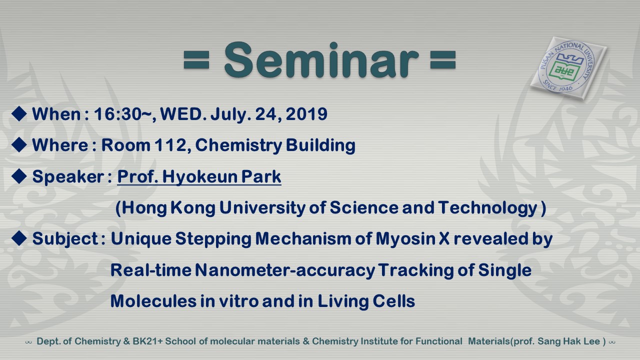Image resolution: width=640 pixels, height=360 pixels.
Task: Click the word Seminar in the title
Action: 321,60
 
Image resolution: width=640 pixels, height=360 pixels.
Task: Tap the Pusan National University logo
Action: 568,68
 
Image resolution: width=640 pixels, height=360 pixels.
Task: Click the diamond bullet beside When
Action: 19,113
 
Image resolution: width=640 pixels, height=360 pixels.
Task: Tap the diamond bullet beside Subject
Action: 19,238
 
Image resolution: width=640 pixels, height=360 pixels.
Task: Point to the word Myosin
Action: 405,239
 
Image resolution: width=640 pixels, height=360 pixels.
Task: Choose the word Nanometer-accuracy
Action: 285,270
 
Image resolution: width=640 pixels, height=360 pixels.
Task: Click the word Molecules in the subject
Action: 153,301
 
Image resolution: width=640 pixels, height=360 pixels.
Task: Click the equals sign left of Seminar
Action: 196,60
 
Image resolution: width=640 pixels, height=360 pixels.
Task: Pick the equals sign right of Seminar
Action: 443,60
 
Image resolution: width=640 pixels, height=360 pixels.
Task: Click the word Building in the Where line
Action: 320,145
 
